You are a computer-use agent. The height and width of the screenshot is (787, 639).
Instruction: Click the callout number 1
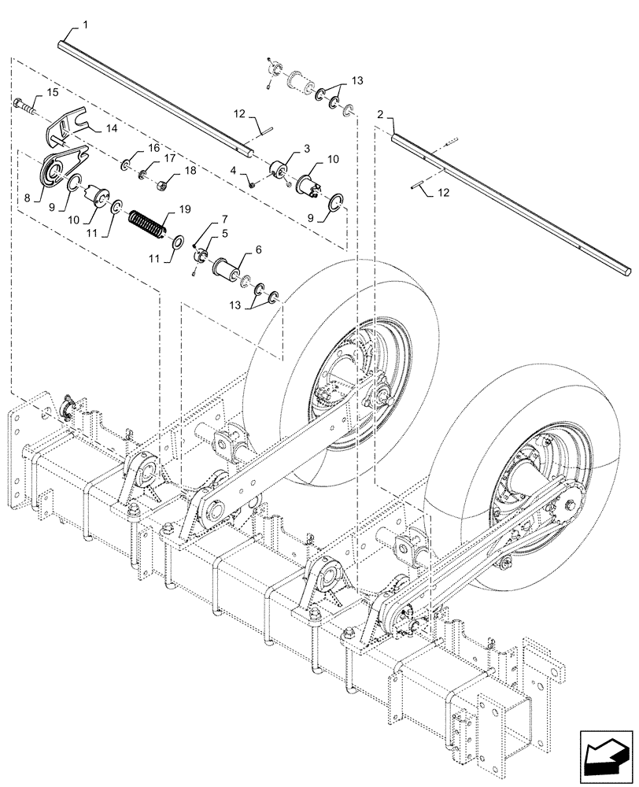coord(85,26)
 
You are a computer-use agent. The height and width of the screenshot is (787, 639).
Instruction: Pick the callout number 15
coord(53,93)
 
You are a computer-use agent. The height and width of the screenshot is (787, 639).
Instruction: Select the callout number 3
coord(305,148)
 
